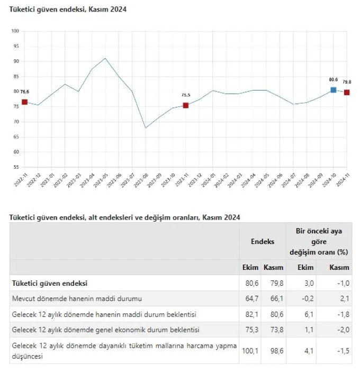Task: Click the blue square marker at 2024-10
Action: click(x=334, y=90)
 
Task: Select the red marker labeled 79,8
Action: click(x=347, y=93)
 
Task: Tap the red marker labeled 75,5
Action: click(x=185, y=105)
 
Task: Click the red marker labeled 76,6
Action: click(x=24, y=102)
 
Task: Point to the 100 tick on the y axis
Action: click(x=15, y=31)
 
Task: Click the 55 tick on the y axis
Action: click(x=16, y=167)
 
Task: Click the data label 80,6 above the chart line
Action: click(x=334, y=79)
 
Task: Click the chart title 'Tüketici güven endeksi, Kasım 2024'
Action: click(x=68, y=10)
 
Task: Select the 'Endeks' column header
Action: click(x=263, y=241)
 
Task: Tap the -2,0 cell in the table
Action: click(x=343, y=330)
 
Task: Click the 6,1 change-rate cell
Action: click(x=310, y=314)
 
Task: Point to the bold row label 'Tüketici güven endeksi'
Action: click(x=50, y=283)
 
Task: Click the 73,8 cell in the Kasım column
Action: click(x=274, y=330)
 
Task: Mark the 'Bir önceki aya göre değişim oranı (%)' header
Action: click(x=322, y=241)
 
